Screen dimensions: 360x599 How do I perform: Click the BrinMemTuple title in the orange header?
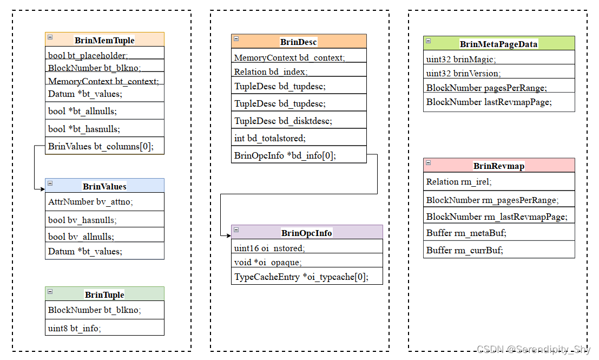coord(104,40)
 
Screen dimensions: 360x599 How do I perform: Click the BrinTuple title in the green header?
coord(104,294)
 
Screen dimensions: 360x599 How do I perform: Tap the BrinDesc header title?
coord(298,42)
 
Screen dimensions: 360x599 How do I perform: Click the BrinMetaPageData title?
coord(498,44)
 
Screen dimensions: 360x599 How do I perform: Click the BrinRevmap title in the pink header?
coord(498,166)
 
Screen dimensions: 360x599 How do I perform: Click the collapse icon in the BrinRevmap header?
coord(429,163)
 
